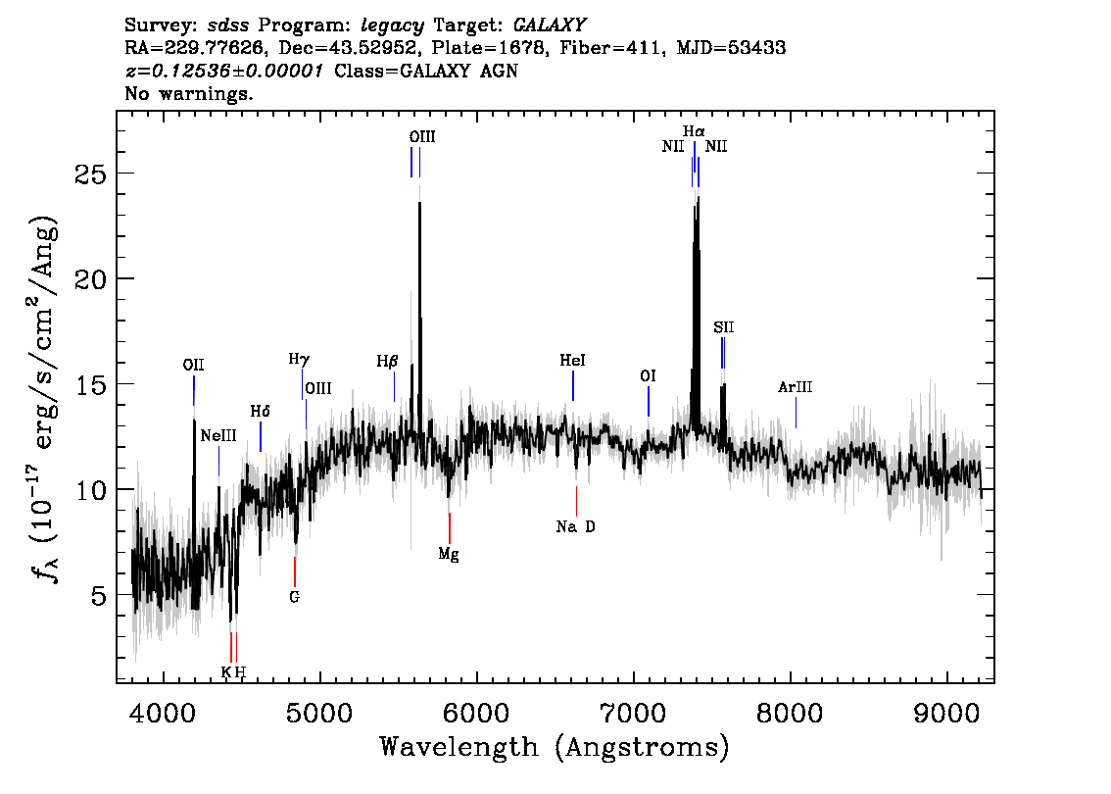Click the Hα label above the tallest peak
tap(694, 131)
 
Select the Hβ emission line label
tap(387, 362)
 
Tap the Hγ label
tap(298, 360)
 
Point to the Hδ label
tap(260, 412)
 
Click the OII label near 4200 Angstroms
tap(193, 365)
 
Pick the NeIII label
tap(217, 435)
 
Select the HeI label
tap(572, 362)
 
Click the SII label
tap(723, 327)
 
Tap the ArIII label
tap(796, 387)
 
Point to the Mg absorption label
tap(449, 554)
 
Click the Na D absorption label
tap(575, 527)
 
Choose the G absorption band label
tap(294, 596)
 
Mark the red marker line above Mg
tap(449, 527)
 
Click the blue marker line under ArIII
tap(796, 412)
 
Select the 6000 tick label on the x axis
tap(477, 710)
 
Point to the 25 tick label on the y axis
tap(91, 174)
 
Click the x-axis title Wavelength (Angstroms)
tap(554, 748)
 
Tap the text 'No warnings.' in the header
tap(189, 94)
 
